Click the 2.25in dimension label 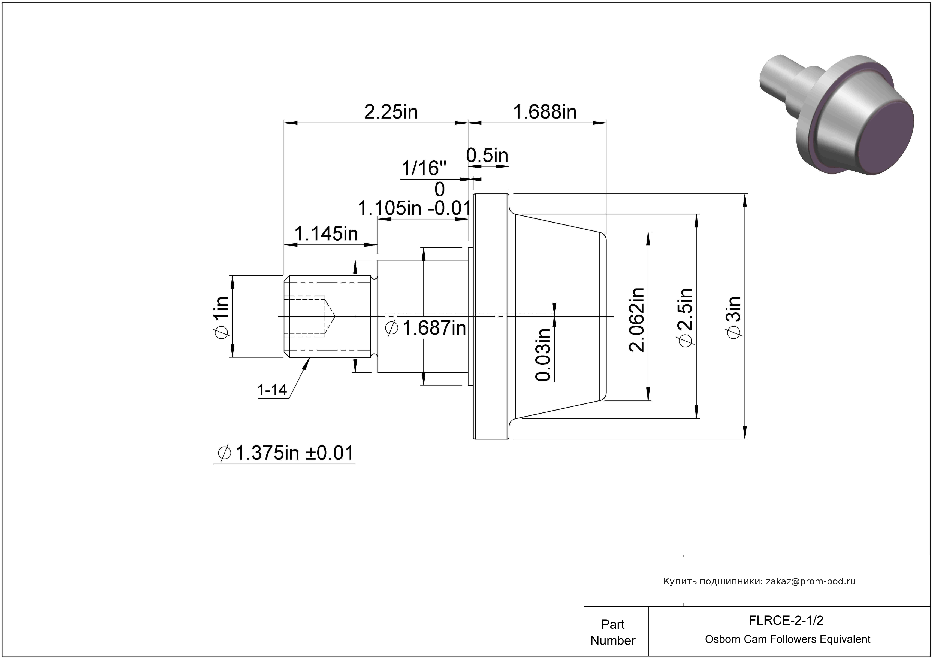tap(391, 112)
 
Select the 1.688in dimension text tap(545, 112)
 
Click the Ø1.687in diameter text tap(425, 328)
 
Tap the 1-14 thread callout tap(272, 390)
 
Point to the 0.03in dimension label tap(543, 354)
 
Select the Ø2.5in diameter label tap(685, 318)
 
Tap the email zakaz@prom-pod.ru tap(811, 581)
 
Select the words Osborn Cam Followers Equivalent tap(787, 639)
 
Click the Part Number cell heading tap(613, 632)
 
